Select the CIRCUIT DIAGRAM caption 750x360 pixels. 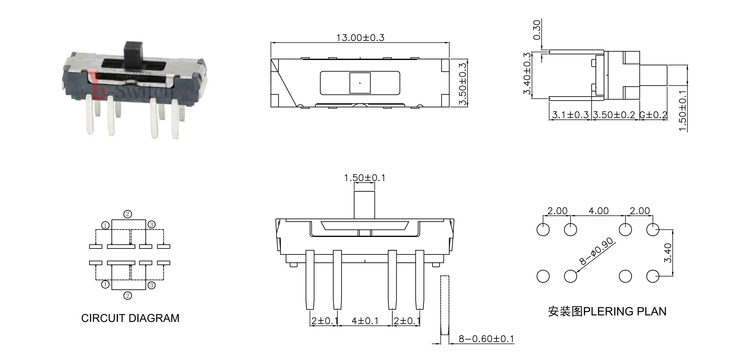click(130, 318)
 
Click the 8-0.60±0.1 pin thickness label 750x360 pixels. click(486, 339)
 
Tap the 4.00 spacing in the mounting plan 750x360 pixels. click(599, 211)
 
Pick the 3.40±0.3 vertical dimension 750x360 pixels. click(527, 74)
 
